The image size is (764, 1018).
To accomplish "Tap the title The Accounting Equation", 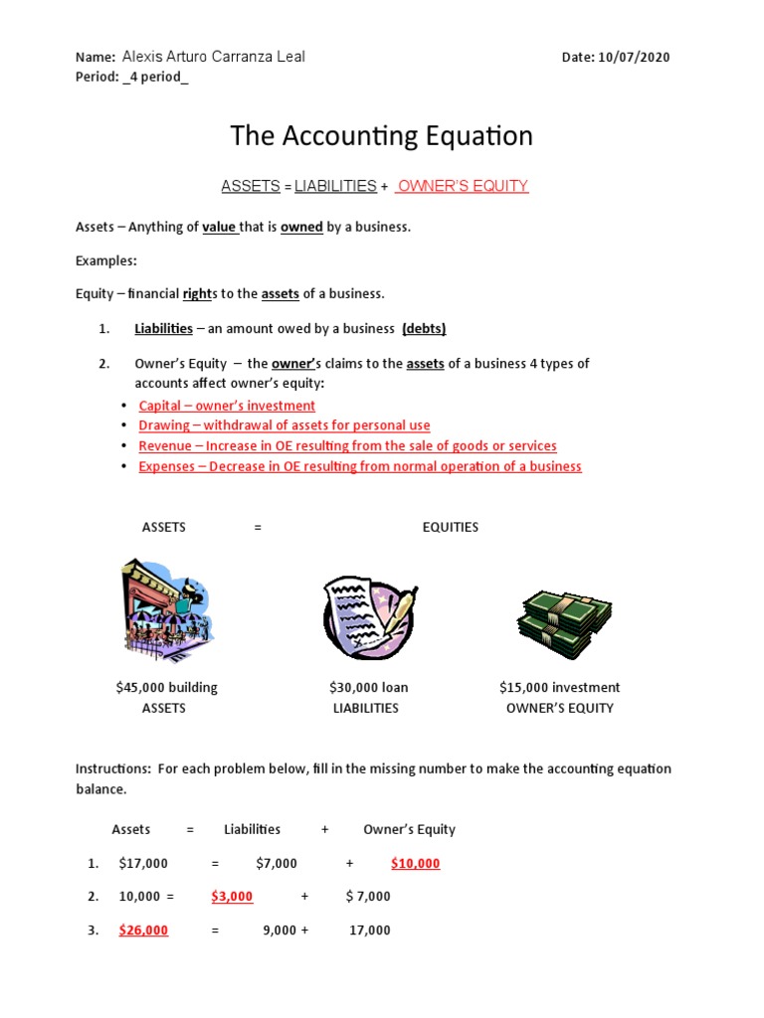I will (x=381, y=136).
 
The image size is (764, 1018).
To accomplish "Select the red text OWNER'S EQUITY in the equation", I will (x=463, y=186).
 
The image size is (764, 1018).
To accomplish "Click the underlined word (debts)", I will (x=424, y=329).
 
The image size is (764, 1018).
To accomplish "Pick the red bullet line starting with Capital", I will (x=227, y=406).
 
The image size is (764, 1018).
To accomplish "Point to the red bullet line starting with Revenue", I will (x=347, y=446).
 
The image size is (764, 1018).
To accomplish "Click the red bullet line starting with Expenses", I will (x=360, y=466).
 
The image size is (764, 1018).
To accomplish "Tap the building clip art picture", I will (x=166, y=610).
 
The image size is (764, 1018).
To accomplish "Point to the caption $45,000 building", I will (x=166, y=687).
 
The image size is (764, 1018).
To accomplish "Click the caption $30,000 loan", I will (x=368, y=687).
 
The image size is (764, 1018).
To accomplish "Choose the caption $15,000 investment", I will (x=559, y=687).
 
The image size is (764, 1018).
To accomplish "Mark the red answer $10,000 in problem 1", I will (x=415, y=863).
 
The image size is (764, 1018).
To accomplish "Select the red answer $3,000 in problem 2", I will (x=232, y=896).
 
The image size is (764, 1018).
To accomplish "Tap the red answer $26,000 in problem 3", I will (x=143, y=930).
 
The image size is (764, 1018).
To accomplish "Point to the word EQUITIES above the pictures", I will (x=450, y=527).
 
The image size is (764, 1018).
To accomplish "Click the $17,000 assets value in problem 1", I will (x=143, y=863).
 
